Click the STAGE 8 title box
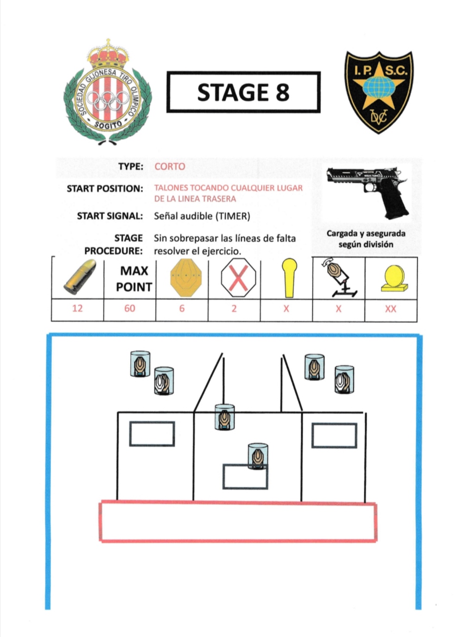[243, 92]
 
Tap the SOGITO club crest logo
[108, 93]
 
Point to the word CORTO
[170, 167]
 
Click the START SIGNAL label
[110, 216]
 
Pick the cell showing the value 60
[130, 309]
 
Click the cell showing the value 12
[77, 309]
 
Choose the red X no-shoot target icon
[238, 278]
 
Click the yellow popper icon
[289, 277]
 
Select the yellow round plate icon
[394, 278]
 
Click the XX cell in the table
[391, 309]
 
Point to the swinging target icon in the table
[340, 278]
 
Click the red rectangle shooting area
[238, 521]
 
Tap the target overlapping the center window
[258, 457]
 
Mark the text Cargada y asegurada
[366, 233]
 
